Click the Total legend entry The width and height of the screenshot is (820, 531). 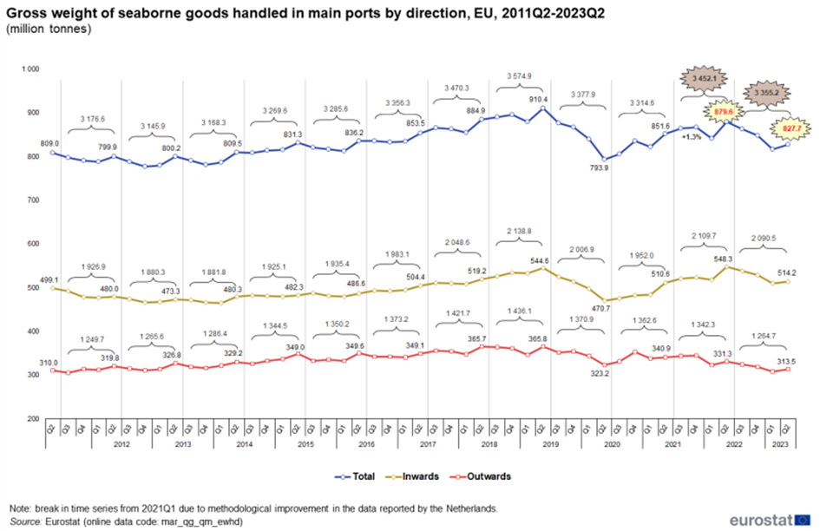tap(358, 476)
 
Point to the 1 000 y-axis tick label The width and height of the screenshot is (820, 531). tap(30, 69)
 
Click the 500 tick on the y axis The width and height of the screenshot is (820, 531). tap(34, 287)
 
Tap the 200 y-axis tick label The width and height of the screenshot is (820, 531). tap(34, 419)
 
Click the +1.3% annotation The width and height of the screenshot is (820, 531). tap(692, 137)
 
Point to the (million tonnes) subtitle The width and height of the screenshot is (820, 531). tap(49, 29)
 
